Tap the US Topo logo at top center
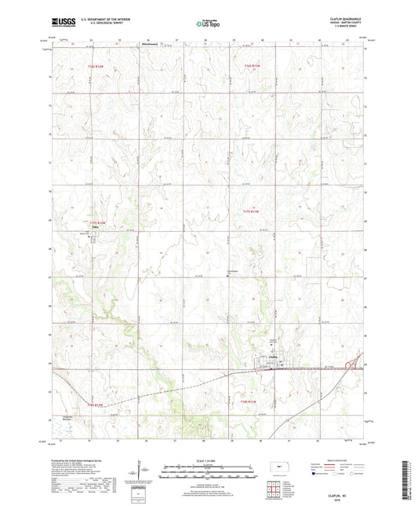(208, 24)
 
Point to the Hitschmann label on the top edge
(151, 44)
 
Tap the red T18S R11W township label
(253, 403)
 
